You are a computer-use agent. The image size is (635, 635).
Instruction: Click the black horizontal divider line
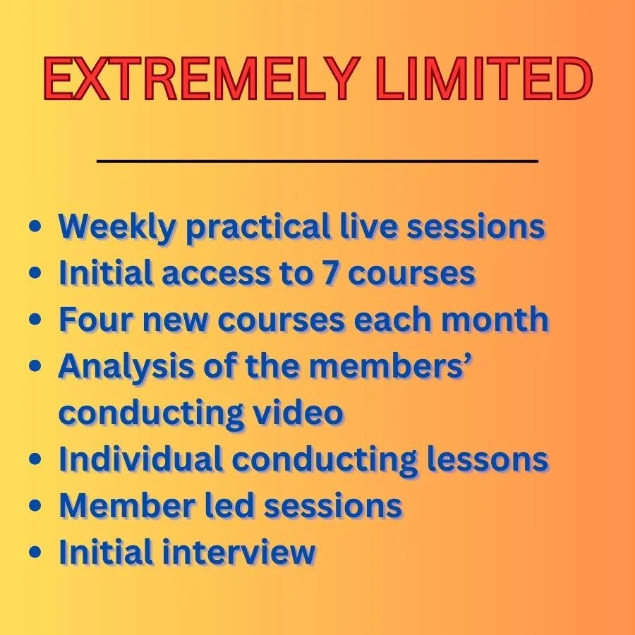click(x=317, y=161)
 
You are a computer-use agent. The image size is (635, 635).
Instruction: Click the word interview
click(x=239, y=552)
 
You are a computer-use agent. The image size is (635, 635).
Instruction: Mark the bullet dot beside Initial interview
click(x=35, y=552)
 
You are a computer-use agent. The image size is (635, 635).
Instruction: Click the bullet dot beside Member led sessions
click(x=35, y=505)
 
